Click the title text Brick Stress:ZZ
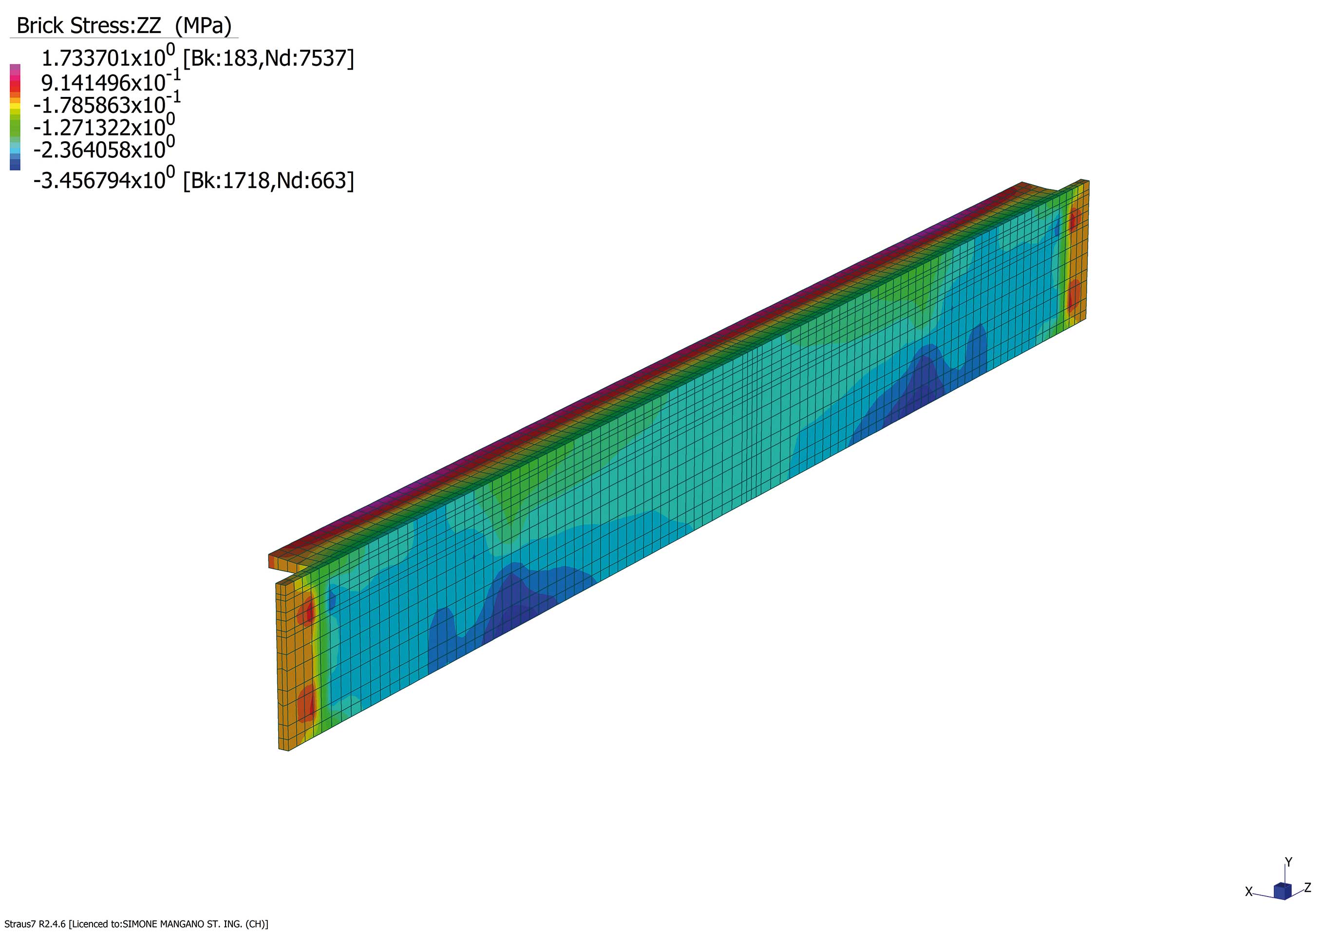pos(89,26)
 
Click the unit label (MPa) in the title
pos(203,26)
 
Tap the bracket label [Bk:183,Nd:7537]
pos(268,58)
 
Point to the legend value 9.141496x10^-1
pos(111,81)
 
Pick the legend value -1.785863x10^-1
pos(107,104)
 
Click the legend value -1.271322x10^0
pos(104,126)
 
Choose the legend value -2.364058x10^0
pos(104,148)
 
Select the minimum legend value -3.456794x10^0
pos(104,179)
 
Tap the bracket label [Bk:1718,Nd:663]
pos(268,181)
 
